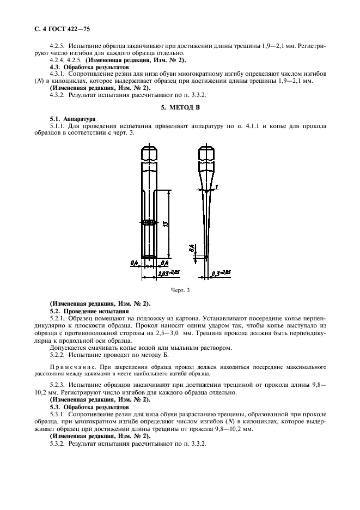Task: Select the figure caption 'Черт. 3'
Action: pyautogui.click(x=180, y=290)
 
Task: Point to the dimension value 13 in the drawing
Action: pyautogui.click(x=164, y=223)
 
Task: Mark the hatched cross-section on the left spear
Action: pyautogui.click(x=149, y=222)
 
